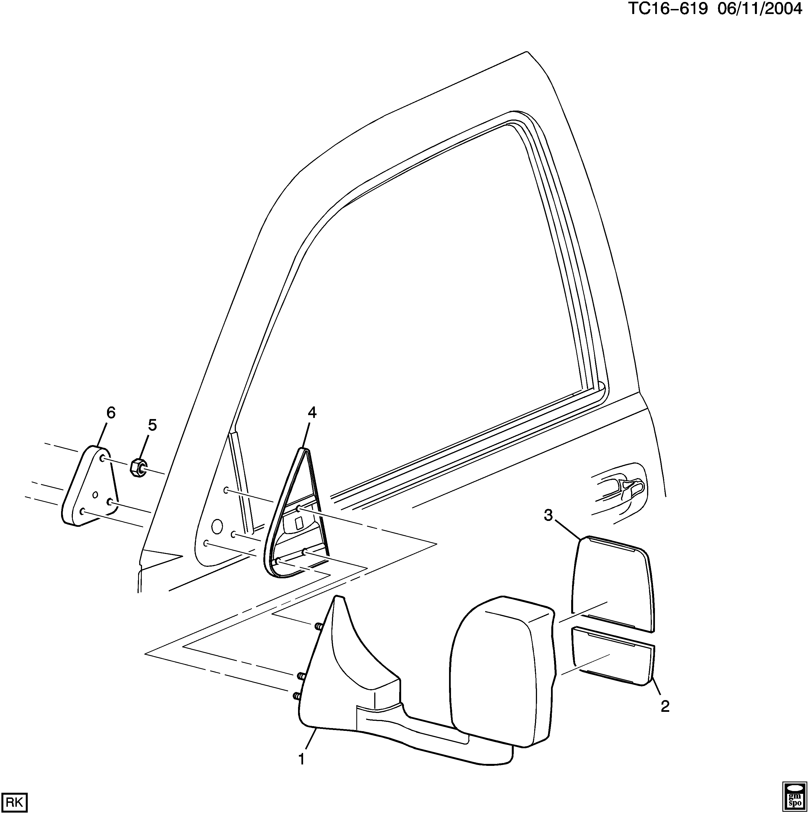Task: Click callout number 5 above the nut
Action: [152, 425]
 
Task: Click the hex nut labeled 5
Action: [138, 468]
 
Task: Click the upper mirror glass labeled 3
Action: [611, 586]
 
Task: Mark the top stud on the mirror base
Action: [319, 626]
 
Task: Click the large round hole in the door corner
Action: [216, 525]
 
